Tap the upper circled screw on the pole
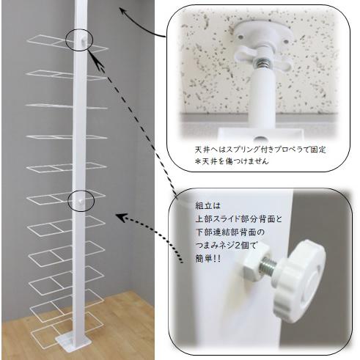(84, 40)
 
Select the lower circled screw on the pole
(80, 201)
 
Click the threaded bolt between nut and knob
(268, 267)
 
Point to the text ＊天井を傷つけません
(232, 161)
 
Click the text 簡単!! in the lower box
(207, 259)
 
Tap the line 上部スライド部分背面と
(239, 218)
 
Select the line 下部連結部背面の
(230, 232)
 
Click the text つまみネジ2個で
(226, 246)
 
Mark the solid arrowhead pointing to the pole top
(124, 10)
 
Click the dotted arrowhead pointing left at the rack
(122, 218)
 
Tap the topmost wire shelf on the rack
(67, 43)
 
